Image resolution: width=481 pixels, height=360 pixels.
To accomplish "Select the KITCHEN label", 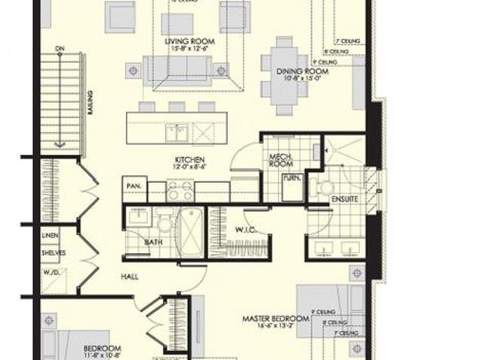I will [x=190, y=160].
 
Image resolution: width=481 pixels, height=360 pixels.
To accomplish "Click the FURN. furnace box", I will [x=289, y=180].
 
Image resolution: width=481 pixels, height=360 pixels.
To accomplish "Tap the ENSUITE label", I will [x=344, y=199].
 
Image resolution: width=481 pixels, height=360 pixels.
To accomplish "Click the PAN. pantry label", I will [x=135, y=184].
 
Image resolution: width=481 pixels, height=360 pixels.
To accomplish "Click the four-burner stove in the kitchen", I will [x=180, y=192].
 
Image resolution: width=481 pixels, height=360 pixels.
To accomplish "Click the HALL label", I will [x=129, y=277].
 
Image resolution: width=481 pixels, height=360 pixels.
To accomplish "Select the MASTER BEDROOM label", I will [x=276, y=319].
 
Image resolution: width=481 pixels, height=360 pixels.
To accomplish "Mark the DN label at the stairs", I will [x=59, y=49].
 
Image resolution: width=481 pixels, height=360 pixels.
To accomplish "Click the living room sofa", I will [x=177, y=69].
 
